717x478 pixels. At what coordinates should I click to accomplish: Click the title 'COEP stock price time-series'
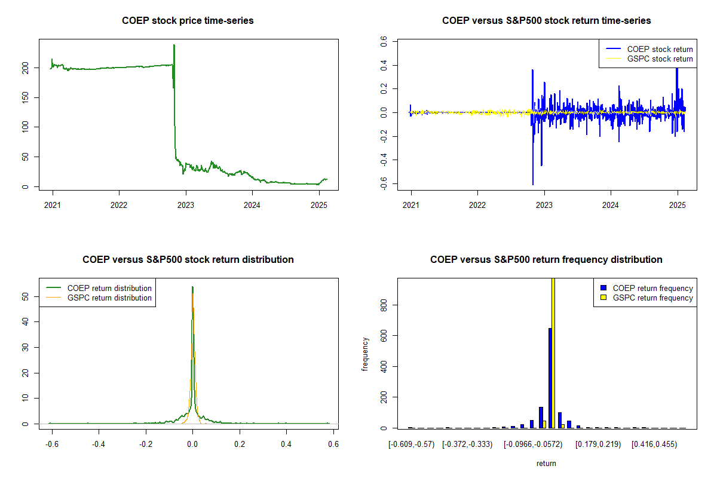[x=188, y=21]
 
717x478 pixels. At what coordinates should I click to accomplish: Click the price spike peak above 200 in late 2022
[x=174, y=45]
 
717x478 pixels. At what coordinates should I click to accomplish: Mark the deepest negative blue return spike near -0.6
[x=533, y=185]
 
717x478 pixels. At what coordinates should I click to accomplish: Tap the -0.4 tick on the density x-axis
[x=98, y=445]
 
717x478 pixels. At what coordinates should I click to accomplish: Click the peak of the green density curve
[x=192, y=287]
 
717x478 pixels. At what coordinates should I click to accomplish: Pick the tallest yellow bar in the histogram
[x=553, y=353]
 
